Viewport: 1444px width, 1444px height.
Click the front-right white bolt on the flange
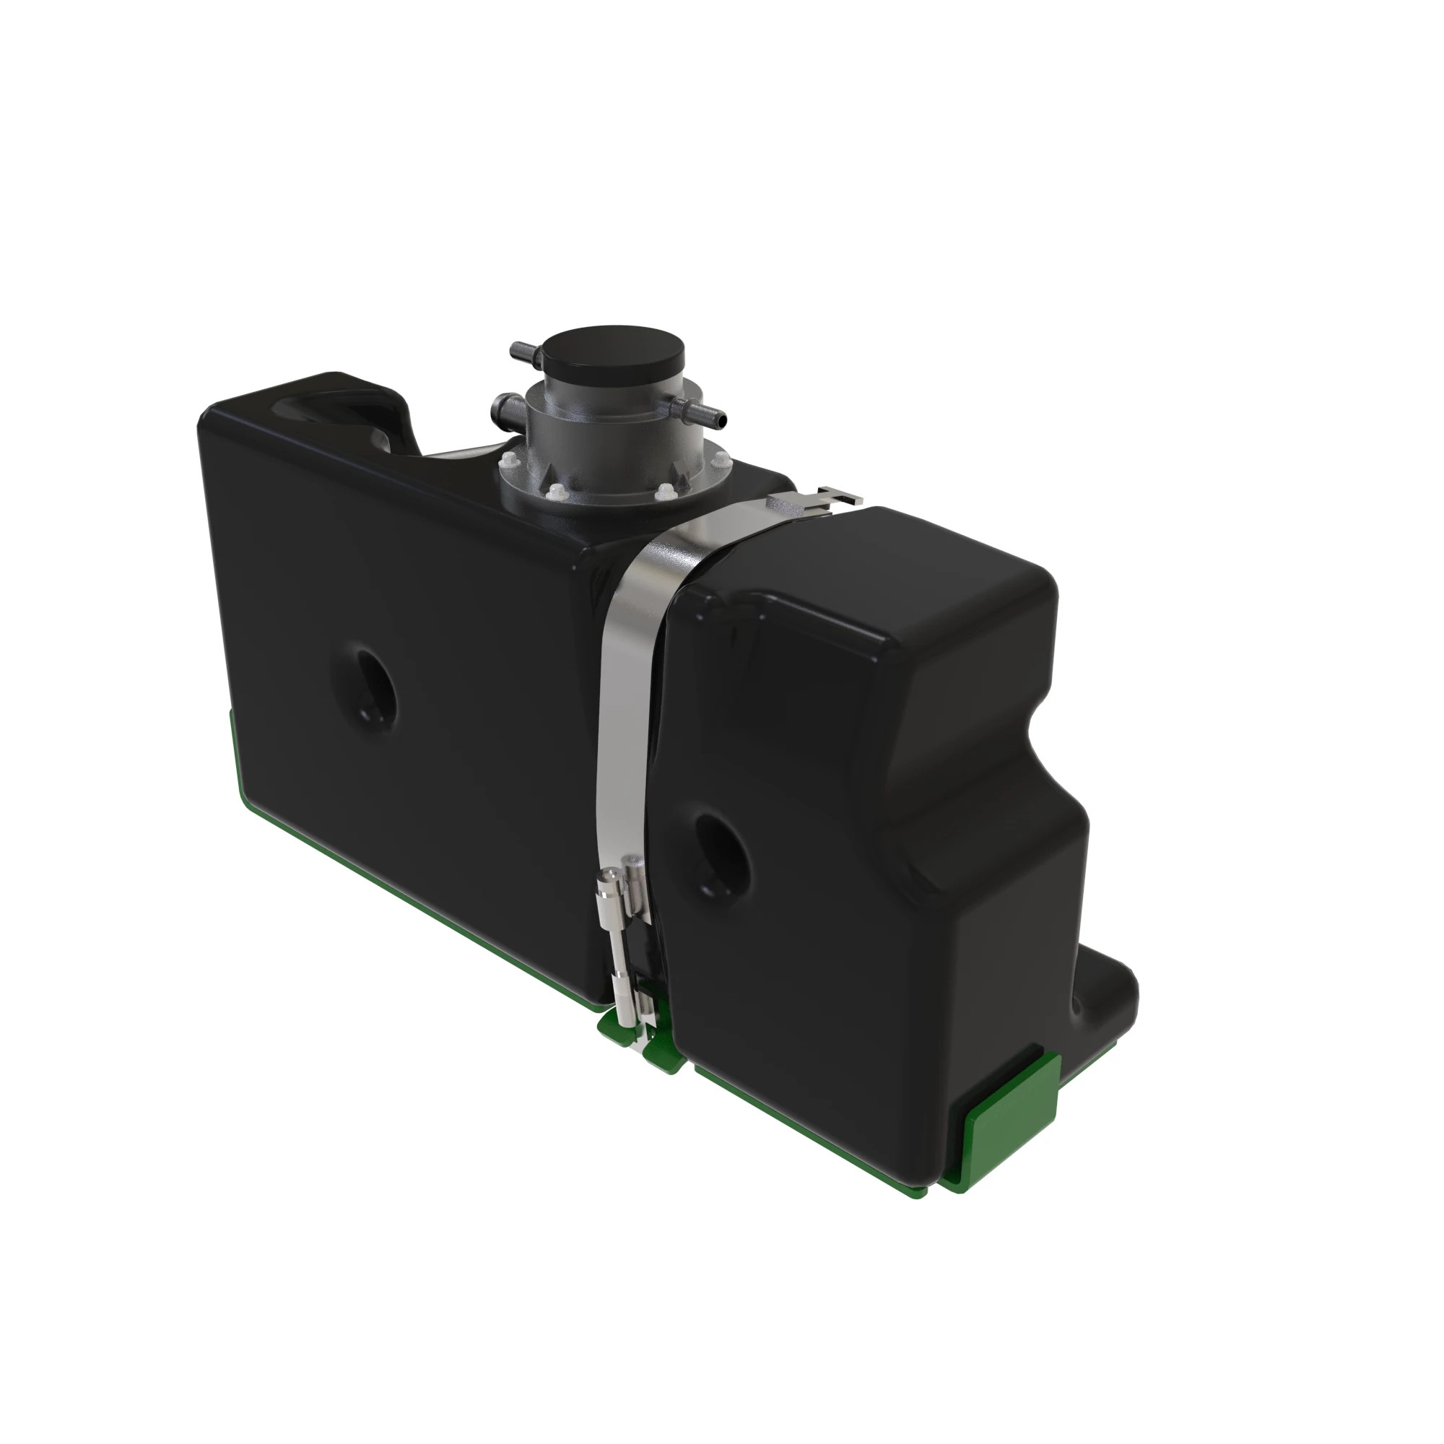click(664, 491)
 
